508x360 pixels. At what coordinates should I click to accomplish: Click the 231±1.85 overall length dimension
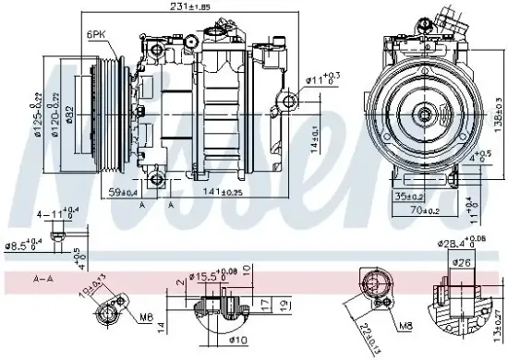[x=184, y=7]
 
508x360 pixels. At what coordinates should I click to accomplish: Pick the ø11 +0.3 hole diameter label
[x=321, y=79]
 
